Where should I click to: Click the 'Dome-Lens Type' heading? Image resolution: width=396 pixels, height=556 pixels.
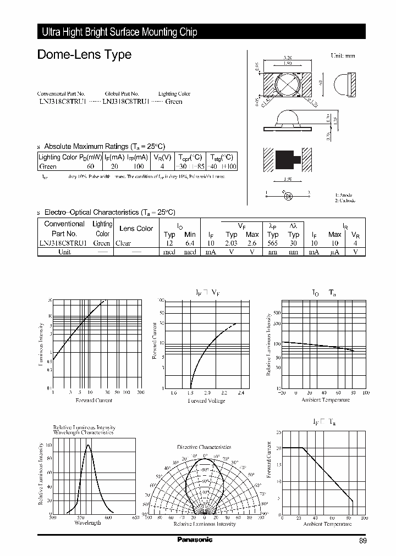(x=84, y=54)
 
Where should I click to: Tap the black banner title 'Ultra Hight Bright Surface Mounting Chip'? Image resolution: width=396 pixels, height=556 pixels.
(x=119, y=32)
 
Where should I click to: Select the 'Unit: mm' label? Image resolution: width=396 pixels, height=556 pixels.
(x=343, y=56)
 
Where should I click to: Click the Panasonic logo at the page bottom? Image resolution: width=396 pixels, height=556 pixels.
(x=194, y=540)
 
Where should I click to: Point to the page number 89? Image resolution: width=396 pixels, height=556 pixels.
(x=362, y=541)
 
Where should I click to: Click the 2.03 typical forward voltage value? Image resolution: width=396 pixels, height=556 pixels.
(x=232, y=243)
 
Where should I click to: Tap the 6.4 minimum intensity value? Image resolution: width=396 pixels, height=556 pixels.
(x=190, y=243)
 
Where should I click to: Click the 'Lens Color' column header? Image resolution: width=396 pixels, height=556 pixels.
(x=136, y=229)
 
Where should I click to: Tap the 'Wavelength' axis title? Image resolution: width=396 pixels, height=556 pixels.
(x=87, y=523)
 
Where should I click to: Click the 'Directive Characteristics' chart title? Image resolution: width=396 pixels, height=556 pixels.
(x=204, y=447)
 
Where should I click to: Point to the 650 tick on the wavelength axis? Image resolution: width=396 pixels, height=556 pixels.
(x=135, y=517)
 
